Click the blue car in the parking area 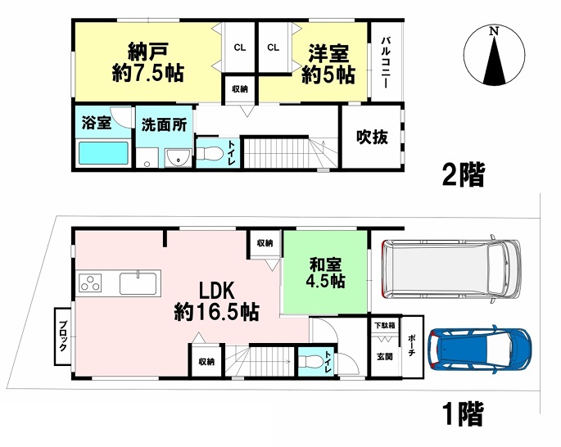point(481,350)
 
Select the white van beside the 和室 point(451,269)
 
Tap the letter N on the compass point(494,31)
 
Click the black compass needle point(495,60)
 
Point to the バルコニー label point(386,62)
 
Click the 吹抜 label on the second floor point(372,137)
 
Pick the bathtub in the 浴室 point(103,153)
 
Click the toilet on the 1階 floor point(309,362)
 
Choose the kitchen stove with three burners point(90,282)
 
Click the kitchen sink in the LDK point(138,282)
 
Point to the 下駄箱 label point(385,326)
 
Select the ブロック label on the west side point(63,336)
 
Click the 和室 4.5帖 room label point(325,273)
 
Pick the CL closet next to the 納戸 point(240,47)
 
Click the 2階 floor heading point(464,175)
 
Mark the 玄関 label point(385,356)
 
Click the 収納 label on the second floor point(240,89)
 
